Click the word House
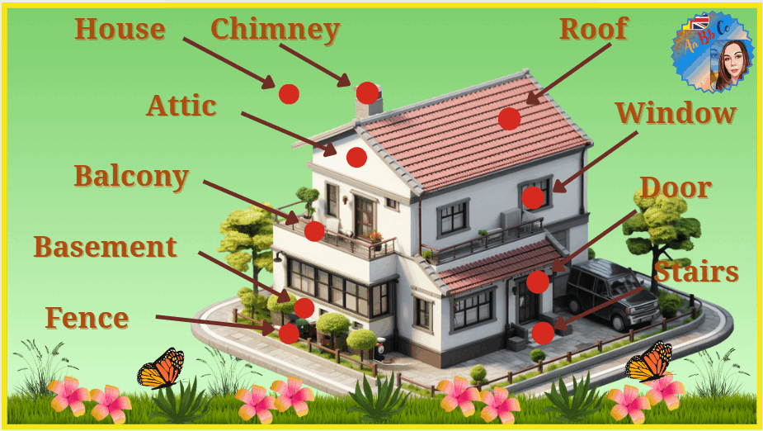120,29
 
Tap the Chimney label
275,30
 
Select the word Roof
594,29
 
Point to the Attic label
181,106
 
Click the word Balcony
131,176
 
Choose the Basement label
105,247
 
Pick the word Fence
87,318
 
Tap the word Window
676,113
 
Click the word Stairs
696,272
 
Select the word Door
676,187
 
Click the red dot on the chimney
367,93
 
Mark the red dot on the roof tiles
510,119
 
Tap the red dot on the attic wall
356,158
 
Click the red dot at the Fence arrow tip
289,334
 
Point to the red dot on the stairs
543,333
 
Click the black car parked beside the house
612,293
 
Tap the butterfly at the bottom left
161,368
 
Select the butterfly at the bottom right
648,361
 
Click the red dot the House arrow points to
289,94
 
